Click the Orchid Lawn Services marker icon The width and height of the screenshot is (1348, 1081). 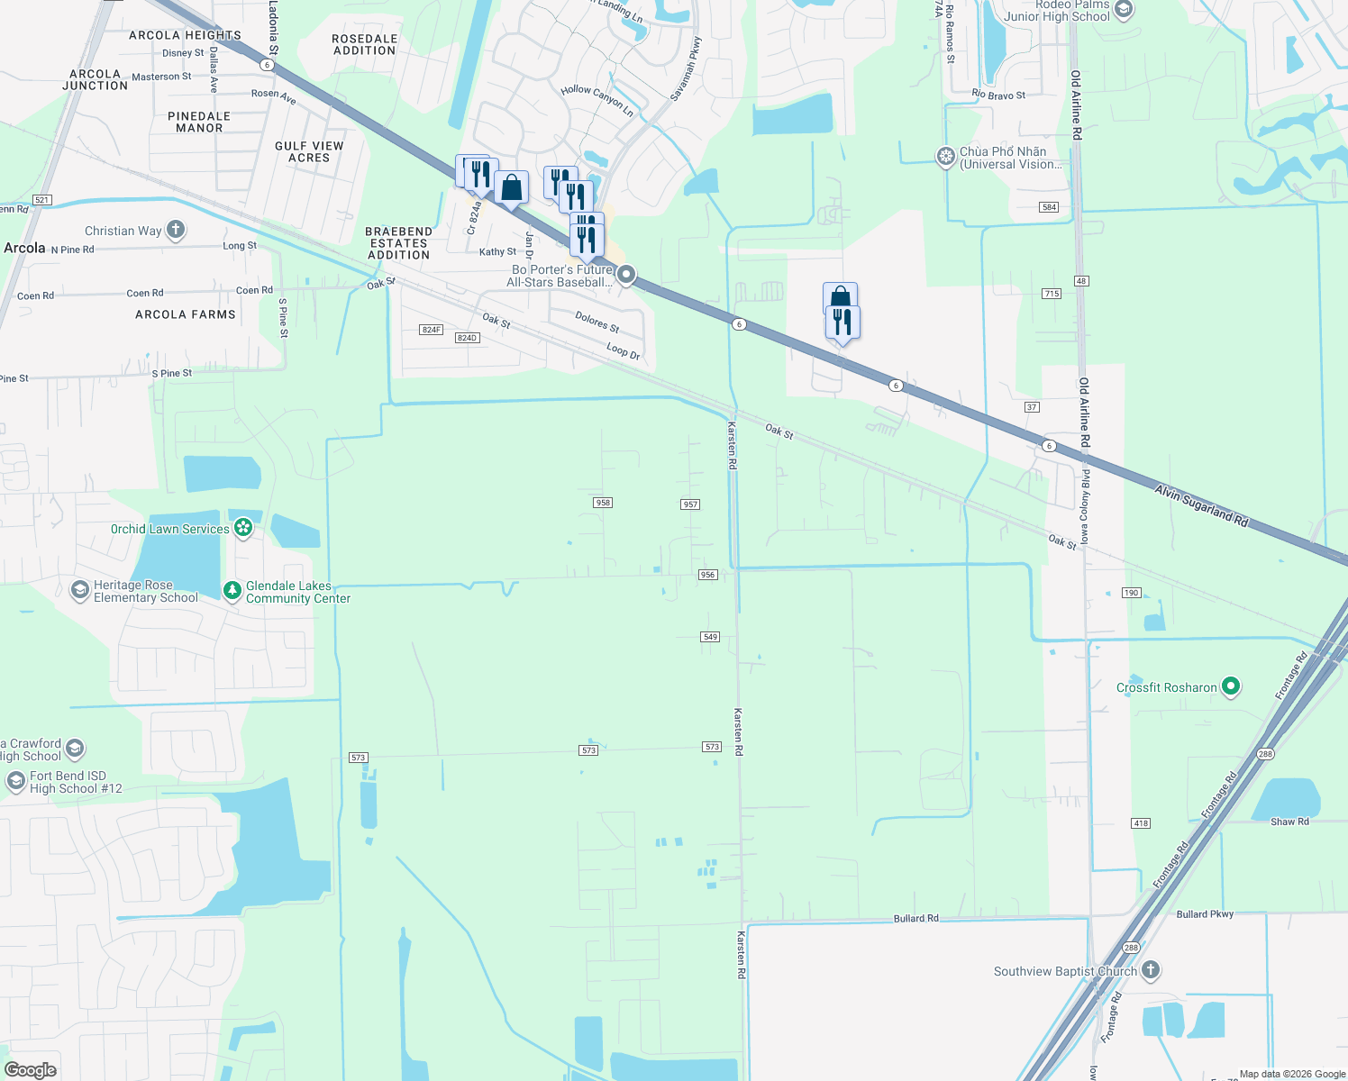(242, 528)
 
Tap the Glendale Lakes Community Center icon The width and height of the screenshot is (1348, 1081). (232, 591)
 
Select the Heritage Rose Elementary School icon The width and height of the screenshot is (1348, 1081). (79, 591)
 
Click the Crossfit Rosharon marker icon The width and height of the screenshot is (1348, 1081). (1231, 686)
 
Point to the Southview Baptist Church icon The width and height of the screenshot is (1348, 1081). (1150, 970)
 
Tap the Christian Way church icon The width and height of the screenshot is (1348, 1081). (176, 230)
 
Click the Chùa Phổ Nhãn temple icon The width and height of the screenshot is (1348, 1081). (945, 157)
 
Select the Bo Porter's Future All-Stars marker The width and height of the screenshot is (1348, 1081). (626, 275)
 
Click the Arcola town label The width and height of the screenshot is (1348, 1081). (24, 248)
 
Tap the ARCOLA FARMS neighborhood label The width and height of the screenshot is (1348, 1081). (186, 314)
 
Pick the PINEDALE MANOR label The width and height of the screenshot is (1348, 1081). (199, 123)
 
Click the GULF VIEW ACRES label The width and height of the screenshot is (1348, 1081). (309, 151)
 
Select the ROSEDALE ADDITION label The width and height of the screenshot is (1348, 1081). (365, 45)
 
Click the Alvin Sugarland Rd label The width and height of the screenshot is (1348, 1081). (1201, 504)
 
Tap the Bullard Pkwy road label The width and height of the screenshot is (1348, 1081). (1205, 914)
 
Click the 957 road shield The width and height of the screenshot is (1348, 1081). (690, 504)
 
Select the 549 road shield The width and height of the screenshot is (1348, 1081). (710, 637)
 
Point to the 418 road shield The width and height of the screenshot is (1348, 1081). (1141, 823)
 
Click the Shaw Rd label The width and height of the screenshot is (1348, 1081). (1289, 822)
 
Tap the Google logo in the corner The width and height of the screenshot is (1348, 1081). (31, 1069)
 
